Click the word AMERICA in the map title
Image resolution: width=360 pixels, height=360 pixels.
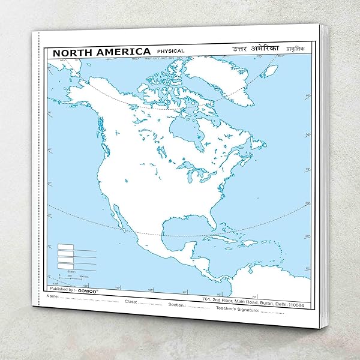click(120, 52)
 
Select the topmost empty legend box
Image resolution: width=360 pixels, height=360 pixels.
click(65, 246)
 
